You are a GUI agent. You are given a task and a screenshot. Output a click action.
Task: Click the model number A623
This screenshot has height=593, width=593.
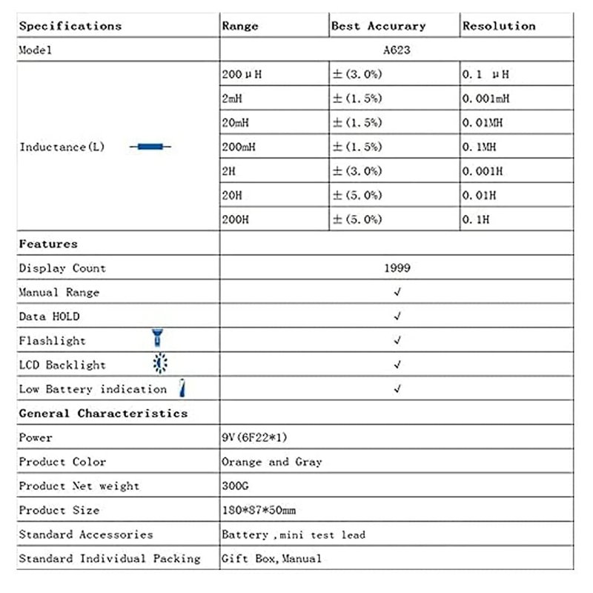(x=397, y=50)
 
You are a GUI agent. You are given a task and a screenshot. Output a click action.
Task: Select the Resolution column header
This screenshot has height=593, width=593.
(x=499, y=26)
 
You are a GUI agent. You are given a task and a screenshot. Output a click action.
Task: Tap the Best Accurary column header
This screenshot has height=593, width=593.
(x=378, y=26)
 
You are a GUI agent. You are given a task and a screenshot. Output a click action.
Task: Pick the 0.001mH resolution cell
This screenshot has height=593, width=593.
(x=486, y=99)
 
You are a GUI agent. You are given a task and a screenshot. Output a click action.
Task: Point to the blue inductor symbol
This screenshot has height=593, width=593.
(x=150, y=147)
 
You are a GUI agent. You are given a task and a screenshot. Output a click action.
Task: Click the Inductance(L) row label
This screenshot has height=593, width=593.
(x=62, y=147)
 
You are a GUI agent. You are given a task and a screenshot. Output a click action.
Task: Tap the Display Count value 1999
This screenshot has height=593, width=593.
(x=397, y=268)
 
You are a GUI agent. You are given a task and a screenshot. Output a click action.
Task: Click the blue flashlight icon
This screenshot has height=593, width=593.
(x=157, y=339)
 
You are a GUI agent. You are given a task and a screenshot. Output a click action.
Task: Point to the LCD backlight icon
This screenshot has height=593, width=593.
(x=159, y=364)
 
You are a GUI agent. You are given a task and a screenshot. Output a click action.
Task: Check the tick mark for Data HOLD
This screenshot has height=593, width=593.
(x=397, y=317)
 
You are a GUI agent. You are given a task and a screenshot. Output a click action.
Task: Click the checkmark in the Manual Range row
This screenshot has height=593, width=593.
(x=397, y=292)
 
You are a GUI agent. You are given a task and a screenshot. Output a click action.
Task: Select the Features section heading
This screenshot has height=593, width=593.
(x=48, y=244)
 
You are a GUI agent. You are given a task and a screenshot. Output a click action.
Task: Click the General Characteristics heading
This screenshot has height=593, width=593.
(x=103, y=413)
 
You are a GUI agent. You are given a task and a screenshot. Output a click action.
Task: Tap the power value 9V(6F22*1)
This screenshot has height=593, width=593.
(x=254, y=437)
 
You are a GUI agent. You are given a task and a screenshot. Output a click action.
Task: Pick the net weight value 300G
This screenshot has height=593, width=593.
(x=236, y=486)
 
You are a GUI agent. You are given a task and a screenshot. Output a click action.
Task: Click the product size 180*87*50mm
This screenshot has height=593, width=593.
(x=259, y=510)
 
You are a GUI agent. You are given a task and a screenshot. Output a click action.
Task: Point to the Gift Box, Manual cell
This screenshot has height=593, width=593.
(x=271, y=558)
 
